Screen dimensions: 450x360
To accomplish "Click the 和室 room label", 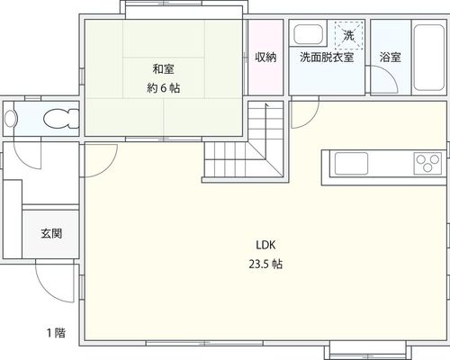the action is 163,69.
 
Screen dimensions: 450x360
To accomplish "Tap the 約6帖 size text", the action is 164,88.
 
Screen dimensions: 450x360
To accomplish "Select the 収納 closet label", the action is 265,57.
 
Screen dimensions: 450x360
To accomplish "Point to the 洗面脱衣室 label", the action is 327,57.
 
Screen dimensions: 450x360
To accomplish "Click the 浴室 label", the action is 391,57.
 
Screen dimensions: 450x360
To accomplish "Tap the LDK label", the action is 265,245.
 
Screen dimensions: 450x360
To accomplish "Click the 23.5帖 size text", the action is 265,265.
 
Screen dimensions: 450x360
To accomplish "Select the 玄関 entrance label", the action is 51,233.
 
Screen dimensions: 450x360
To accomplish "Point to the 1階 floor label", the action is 56,333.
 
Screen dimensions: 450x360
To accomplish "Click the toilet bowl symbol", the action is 61,119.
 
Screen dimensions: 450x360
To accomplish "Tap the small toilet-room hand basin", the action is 10,119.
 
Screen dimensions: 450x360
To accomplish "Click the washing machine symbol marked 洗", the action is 349,35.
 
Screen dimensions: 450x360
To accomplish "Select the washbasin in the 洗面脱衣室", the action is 308,34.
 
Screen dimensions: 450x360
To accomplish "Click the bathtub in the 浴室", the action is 428,58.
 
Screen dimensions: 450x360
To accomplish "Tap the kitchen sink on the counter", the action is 351,164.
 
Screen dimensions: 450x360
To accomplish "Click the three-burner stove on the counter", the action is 427,164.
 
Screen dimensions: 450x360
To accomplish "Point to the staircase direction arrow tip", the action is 266,104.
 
